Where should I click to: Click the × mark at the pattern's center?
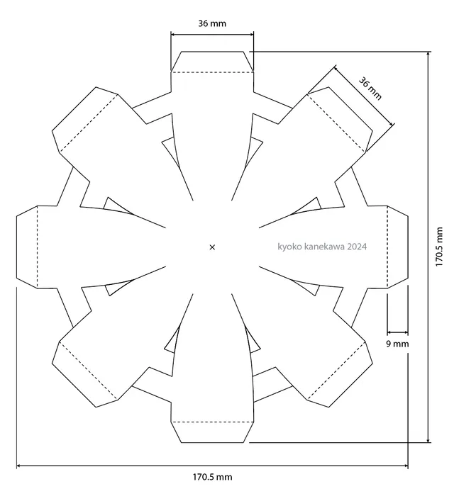click(x=212, y=247)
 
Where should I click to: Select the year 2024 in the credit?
click(x=357, y=247)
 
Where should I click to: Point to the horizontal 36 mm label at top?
click(x=212, y=23)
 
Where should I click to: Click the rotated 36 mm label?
click(x=370, y=89)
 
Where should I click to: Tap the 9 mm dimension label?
click(x=397, y=344)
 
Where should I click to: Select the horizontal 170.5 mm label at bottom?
click(x=212, y=477)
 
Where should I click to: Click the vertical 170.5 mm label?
click(x=439, y=247)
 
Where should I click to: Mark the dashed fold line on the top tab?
click(x=212, y=72)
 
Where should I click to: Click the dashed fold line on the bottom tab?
click(x=212, y=422)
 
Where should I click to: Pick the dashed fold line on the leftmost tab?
click(x=38, y=247)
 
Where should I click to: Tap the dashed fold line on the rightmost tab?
click(x=387, y=247)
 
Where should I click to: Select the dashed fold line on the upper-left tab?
click(x=89, y=123)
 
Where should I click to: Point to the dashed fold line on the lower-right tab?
click(x=336, y=371)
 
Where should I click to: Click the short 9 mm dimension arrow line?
click(x=398, y=332)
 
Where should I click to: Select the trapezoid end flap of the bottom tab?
click(x=212, y=432)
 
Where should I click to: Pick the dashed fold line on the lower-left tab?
click(x=88, y=371)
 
